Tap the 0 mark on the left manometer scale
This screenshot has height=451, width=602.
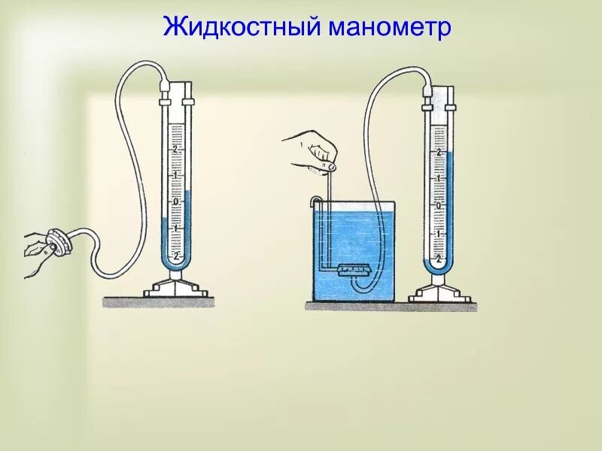pos(175,201)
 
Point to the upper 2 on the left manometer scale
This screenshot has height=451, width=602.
pos(175,150)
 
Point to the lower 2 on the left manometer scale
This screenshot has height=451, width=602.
pos(175,255)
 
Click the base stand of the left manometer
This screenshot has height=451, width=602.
pos(175,290)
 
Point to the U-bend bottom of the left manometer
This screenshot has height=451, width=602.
pos(175,266)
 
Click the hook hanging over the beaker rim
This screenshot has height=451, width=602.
pos(317,201)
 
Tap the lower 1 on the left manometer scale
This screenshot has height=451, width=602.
pos(175,228)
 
